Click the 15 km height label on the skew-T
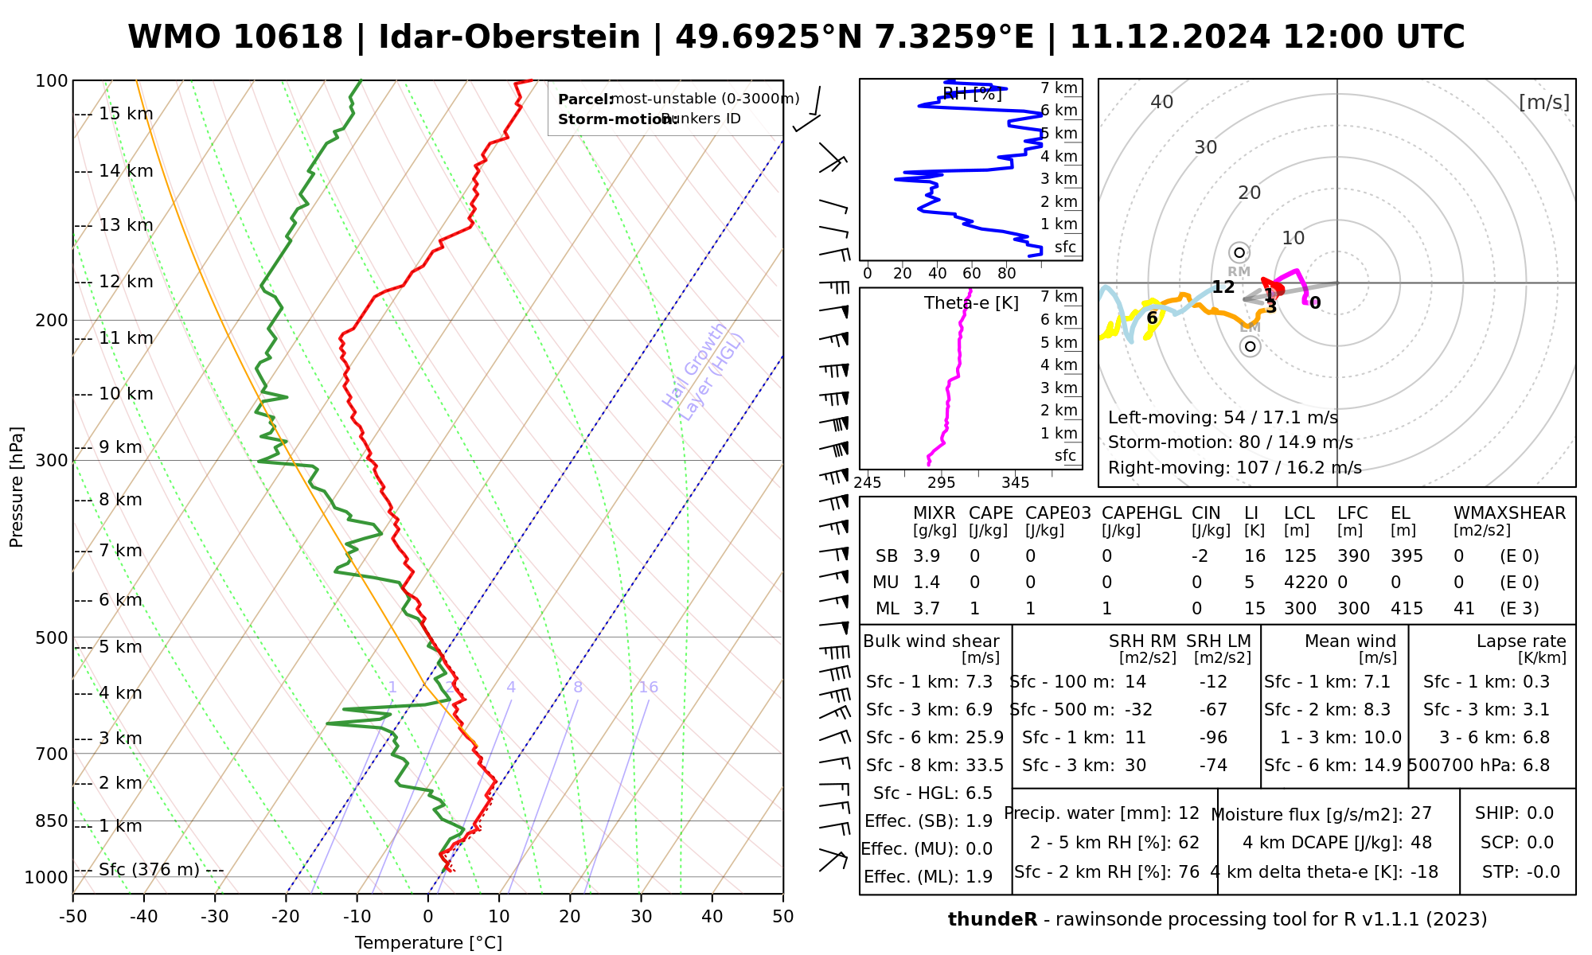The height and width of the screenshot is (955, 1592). pyautogui.click(x=126, y=114)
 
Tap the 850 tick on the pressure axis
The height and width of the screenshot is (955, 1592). pyautogui.click(x=53, y=821)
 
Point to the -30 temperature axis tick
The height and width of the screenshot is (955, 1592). pyautogui.click(x=215, y=916)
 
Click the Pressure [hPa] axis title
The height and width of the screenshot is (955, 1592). pyautogui.click(x=17, y=487)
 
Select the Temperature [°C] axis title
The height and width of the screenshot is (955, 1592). pyautogui.click(x=428, y=943)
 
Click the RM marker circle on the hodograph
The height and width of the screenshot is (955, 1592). pyautogui.click(x=1239, y=253)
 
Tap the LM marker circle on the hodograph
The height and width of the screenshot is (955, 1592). pyautogui.click(x=1251, y=346)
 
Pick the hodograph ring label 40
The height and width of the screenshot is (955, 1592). pyautogui.click(x=1162, y=102)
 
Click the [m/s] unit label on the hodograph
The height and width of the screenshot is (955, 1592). pyautogui.click(x=1543, y=102)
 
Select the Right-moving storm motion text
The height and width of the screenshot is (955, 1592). pyautogui.click(x=1235, y=467)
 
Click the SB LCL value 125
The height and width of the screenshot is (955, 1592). pyautogui.click(x=1300, y=556)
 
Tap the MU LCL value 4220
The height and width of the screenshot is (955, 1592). pyautogui.click(x=1305, y=583)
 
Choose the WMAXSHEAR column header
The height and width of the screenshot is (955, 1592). pyautogui.click(x=1509, y=513)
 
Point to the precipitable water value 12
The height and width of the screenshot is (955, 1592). pyautogui.click(x=1188, y=813)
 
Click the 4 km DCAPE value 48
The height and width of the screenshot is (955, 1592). pyautogui.click(x=1421, y=843)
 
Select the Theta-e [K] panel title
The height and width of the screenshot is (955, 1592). pyautogui.click(x=971, y=303)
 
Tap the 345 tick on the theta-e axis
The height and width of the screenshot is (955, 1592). pyautogui.click(x=1015, y=483)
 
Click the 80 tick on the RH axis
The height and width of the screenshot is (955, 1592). pyautogui.click(x=1007, y=274)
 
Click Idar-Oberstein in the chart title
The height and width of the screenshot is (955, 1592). pyautogui.click(x=509, y=37)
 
